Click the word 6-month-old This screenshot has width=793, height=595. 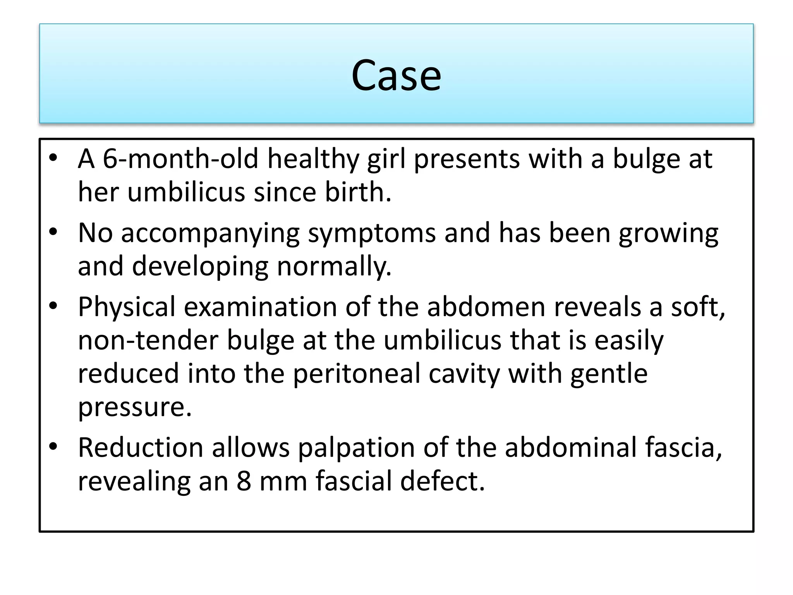tap(180, 159)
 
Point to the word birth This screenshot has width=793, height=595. tap(358, 192)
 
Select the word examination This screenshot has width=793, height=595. tap(260, 307)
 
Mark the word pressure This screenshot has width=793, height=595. tap(135, 408)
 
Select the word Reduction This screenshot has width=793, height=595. tap(141, 448)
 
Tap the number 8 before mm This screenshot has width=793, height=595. tap(244, 481)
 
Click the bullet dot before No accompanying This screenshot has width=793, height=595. tap(53, 232)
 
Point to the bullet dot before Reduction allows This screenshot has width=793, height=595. tap(53, 446)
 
